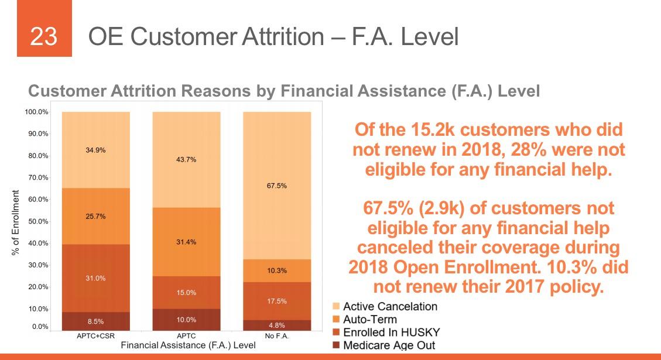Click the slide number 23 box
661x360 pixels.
(44, 36)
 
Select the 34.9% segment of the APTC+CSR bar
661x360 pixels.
(96, 150)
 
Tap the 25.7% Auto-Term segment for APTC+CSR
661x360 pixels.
(96, 216)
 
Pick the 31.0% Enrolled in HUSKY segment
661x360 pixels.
(96, 278)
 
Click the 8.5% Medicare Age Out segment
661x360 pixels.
(96, 321)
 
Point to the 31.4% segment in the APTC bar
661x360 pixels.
(186, 242)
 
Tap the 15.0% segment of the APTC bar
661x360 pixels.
(186, 293)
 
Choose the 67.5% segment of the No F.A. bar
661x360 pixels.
(277, 186)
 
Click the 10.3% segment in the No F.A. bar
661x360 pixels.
(277, 271)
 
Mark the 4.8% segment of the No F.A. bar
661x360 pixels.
(277, 325)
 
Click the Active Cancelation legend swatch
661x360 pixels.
(336, 307)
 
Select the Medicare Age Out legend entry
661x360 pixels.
(389, 345)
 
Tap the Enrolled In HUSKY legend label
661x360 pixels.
(391, 332)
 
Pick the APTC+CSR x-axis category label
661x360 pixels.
(96, 337)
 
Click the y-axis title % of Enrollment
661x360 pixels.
(16, 222)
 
